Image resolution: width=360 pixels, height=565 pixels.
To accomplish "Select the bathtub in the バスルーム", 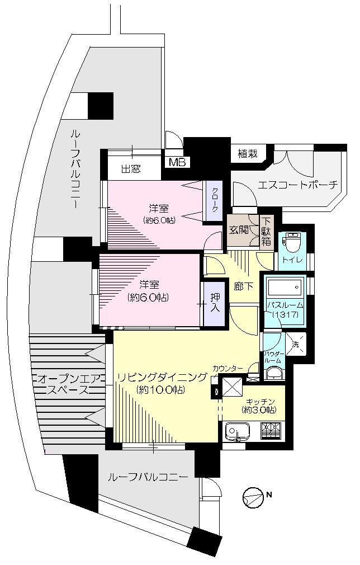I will click(x=285, y=289).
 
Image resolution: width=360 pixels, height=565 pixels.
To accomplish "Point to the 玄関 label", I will click(x=238, y=230).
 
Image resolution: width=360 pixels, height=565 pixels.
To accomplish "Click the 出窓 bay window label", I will click(x=131, y=169).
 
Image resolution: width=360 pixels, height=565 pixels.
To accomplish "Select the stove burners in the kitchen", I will click(x=272, y=431).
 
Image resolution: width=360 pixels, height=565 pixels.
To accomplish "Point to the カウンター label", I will click(x=228, y=368).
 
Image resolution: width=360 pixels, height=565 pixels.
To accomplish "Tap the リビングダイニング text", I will click(x=162, y=377).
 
